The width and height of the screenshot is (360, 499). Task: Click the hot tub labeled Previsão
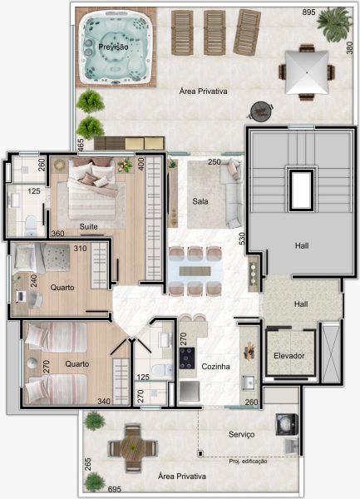point(116,47)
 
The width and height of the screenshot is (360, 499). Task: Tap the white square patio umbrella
point(307,72)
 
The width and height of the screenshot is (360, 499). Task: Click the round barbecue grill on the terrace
point(260,111)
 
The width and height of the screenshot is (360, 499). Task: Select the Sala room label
point(200,201)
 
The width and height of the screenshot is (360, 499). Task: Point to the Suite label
point(88,226)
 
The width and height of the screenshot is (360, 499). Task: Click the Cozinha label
point(215,367)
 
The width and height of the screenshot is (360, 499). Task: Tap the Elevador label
point(289,356)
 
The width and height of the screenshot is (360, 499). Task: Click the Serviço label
point(241,434)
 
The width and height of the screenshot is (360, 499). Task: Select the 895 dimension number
point(308,12)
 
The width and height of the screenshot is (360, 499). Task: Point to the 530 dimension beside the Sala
point(242,239)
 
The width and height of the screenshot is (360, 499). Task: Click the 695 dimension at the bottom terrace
point(115,489)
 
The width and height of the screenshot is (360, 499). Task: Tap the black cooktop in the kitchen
point(187,358)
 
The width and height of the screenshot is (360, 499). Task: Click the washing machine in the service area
point(287,424)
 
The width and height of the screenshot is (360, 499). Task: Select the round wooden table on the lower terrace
point(133,447)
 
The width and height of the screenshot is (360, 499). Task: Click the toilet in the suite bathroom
point(31,225)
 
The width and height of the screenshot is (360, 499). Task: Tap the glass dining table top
point(195,271)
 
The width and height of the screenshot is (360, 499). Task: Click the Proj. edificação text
point(248,461)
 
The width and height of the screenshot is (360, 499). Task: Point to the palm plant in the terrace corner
point(334,24)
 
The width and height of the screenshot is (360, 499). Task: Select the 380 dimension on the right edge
point(349,48)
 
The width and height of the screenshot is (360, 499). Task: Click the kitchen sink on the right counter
point(249,383)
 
